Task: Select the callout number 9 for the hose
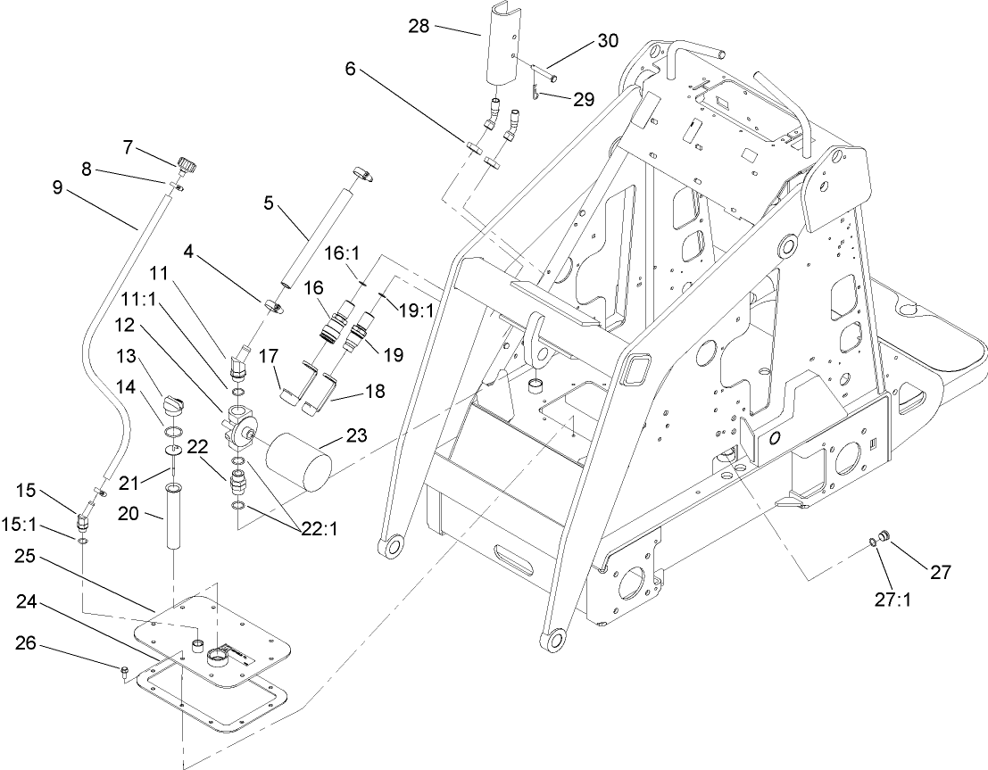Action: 59,188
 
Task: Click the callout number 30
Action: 607,41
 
